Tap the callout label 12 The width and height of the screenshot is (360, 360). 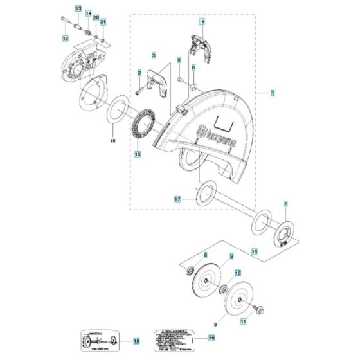click(65, 39)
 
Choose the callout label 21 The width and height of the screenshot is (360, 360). click(104, 22)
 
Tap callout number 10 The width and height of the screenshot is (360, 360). click(237, 273)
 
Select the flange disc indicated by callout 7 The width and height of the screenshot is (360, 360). click(283, 233)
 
